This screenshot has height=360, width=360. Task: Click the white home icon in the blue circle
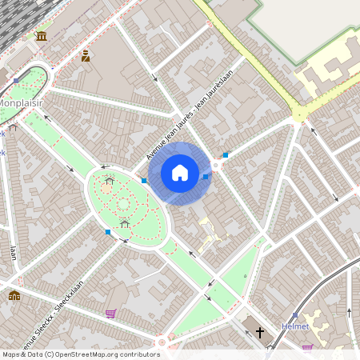point(180,173)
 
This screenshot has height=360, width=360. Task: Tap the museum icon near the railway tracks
point(41,37)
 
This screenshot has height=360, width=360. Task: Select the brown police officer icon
point(85,56)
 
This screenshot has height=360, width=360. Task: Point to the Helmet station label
point(295,326)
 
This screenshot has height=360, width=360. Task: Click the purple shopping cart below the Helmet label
point(307,348)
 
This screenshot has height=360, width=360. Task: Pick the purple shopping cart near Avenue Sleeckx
point(110,314)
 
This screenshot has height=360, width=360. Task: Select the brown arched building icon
point(14,296)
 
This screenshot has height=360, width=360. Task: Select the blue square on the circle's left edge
point(144,181)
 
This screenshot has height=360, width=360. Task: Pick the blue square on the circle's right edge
point(206,176)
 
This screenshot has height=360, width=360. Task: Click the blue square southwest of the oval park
point(108,232)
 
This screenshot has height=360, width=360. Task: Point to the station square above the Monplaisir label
point(16,81)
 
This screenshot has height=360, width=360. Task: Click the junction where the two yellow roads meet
point(300,113)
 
